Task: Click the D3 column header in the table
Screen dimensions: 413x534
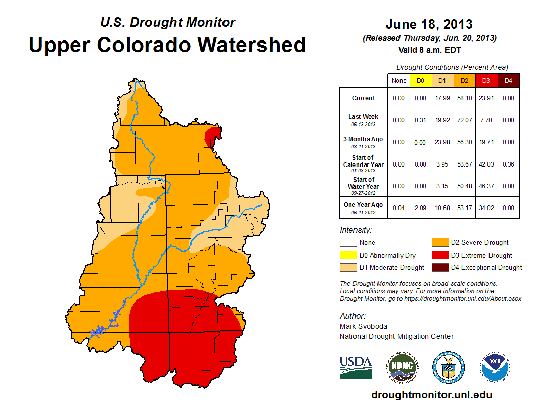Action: pyautogui.click(x=486, y=80)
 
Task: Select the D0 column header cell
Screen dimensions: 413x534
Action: pyautogui.click(x=420, y=80)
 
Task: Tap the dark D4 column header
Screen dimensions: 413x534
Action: pyautogui.click(x=508, y=80)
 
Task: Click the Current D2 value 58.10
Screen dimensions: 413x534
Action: pyautogui.click(x=464, y=98)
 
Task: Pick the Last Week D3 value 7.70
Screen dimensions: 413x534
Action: pyautogui.click(x=486, y=120)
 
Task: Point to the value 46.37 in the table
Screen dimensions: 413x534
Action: pyautogui.click(x=486, y=186)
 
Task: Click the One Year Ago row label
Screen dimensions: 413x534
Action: pyautogui.click(x=364, y=208)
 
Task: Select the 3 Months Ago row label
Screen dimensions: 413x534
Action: pyautogui.click(x=364, y=142)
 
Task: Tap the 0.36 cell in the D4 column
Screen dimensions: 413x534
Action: pyautogui.click(x=508, y=164)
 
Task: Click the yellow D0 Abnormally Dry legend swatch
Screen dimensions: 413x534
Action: pyautogui.click(x=348, y=255)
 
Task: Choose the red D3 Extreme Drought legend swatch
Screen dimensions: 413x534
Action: pyautogui.click(x=439, y=255)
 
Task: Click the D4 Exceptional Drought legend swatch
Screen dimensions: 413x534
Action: pyautogui.click(x=439, y=267)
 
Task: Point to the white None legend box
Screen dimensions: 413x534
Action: pyautogui.click(x=348, y=243)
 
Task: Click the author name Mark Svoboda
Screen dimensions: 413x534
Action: pyautogui.click(x=363, y=326)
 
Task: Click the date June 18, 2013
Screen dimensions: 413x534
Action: pyautogui.click(x=429, y=24)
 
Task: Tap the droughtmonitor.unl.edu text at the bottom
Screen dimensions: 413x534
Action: pyautogui.click(x=431, y=395)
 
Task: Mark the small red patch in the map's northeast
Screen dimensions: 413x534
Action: pyautogui.click(x=214, y=137)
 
